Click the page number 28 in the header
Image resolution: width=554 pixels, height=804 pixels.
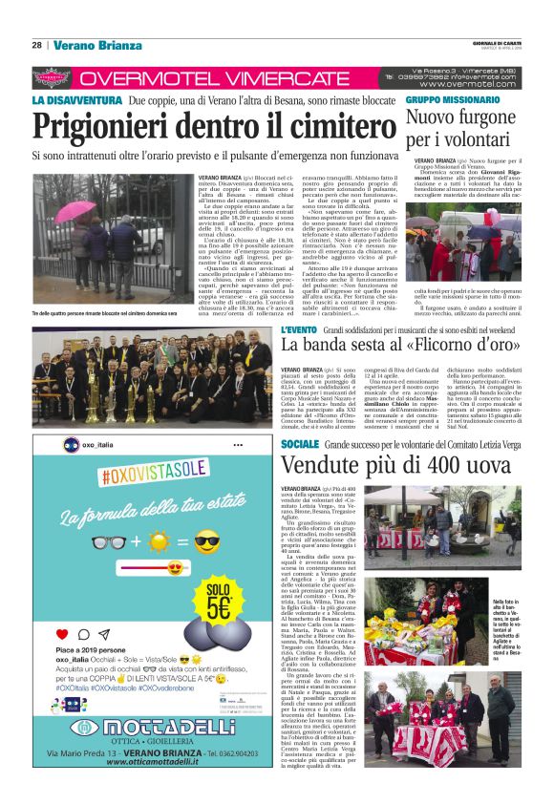point(36,45)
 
